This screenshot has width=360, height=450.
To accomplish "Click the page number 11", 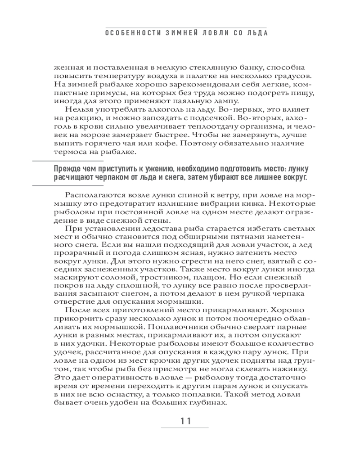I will point(186,422).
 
